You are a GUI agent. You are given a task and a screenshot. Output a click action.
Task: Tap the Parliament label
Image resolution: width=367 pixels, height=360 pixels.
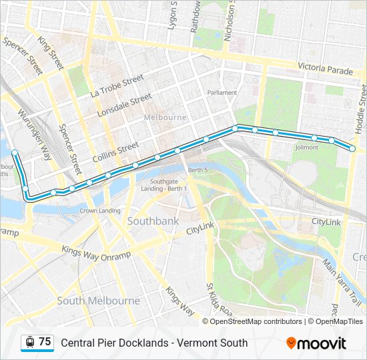[x=222, y=93]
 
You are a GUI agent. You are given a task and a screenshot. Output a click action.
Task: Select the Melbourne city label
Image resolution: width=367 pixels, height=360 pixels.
[x=165, y=117]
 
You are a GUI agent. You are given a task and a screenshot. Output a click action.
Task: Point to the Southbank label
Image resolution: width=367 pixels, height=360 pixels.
[x=152, y=220]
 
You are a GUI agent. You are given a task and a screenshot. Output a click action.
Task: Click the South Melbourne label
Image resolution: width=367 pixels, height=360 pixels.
[x=99, y=301]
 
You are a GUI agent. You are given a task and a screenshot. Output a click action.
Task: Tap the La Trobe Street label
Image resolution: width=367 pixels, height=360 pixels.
[x=117, y=86]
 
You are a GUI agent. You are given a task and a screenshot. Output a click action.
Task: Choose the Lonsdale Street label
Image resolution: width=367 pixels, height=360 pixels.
[x=125, y=105]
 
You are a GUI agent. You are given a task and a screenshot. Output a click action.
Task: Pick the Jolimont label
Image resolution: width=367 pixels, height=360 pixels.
[x=306, y=147]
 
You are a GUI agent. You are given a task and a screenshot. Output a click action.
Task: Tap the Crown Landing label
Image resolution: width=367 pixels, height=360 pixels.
[x=100, y=211]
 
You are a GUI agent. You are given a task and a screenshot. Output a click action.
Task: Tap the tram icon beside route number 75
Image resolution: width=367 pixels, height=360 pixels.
[x=29, y=342]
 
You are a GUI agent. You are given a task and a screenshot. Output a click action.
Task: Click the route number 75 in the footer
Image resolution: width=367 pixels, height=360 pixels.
[x=45, y=342]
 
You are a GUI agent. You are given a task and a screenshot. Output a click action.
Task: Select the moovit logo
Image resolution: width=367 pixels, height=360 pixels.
[x=316, y=343]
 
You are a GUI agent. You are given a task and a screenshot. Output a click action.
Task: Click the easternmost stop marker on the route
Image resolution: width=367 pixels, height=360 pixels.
[x=353, y=149]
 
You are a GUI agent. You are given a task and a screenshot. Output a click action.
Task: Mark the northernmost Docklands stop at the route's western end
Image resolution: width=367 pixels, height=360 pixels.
[x=15, y=153]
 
